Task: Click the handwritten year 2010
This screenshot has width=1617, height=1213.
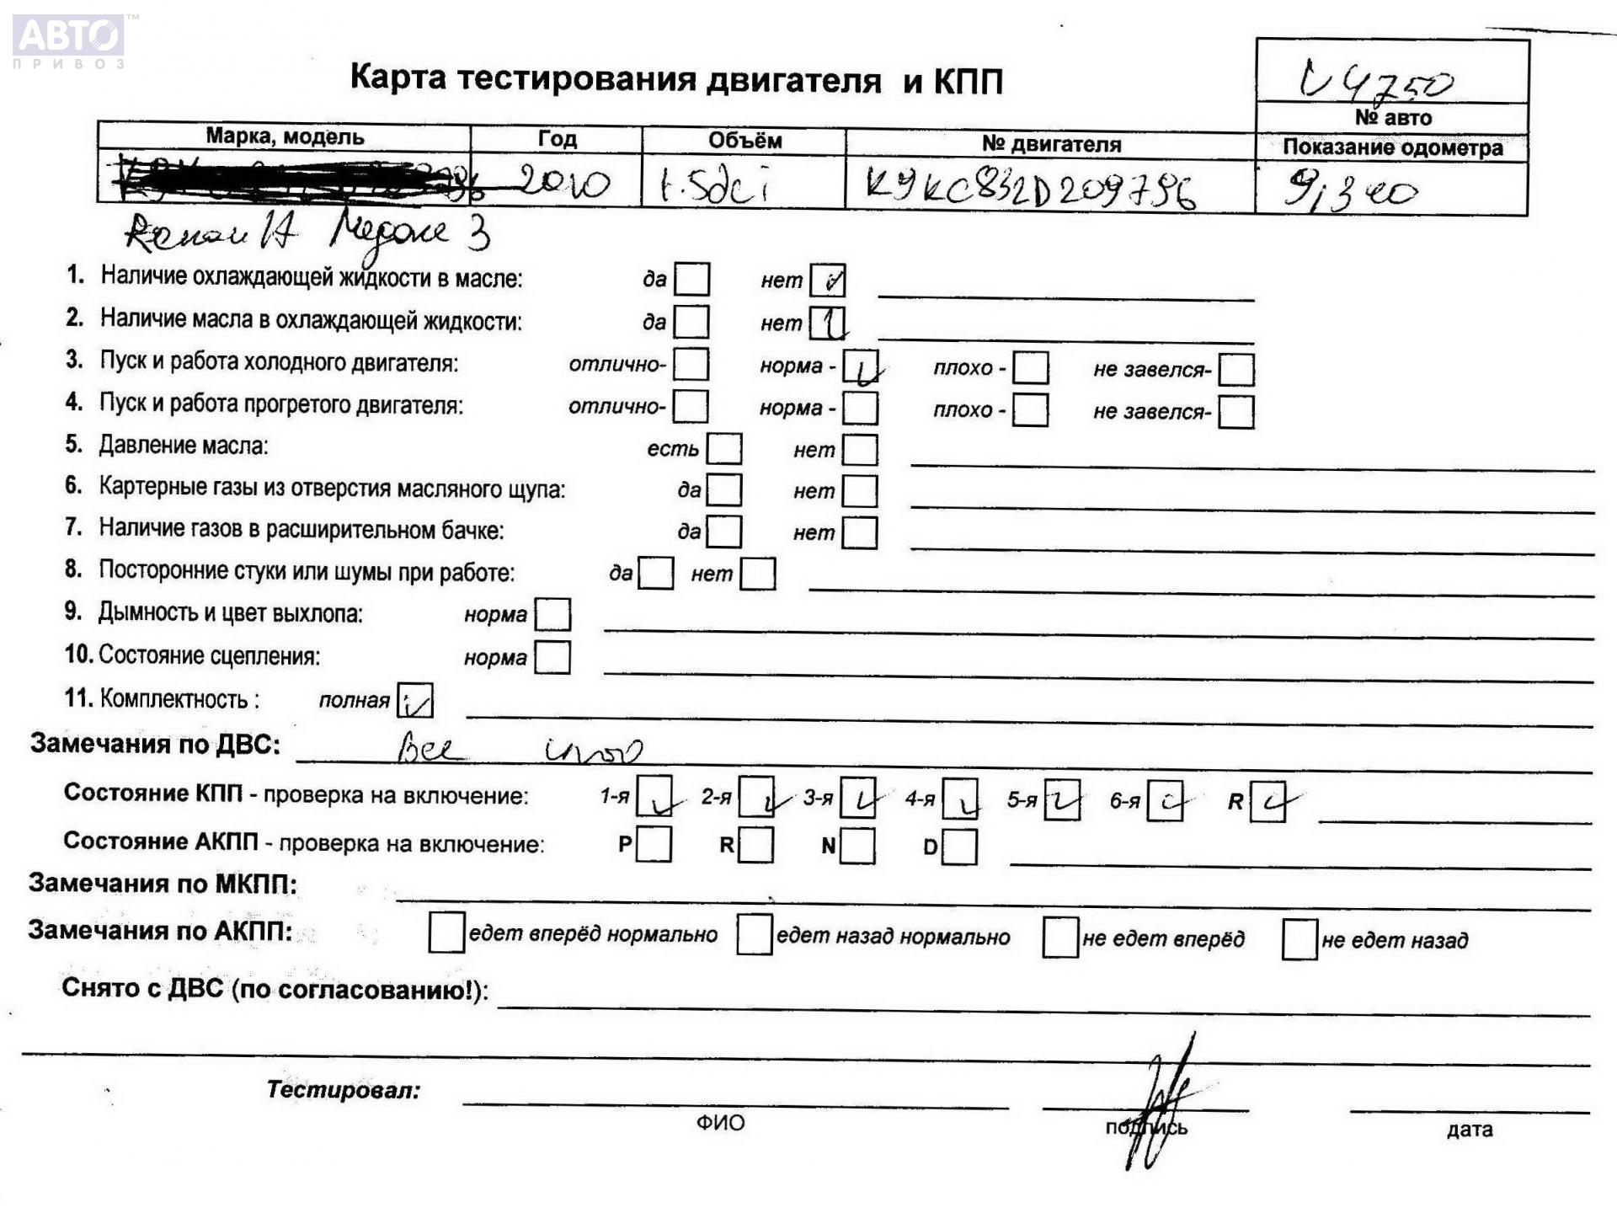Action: click(x=563, y=182)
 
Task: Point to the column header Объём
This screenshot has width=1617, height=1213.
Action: click(x=744, y=141)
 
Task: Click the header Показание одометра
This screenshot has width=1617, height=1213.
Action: click(x=1392, y=147)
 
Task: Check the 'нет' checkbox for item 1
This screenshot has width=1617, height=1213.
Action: click(x=827, y=281)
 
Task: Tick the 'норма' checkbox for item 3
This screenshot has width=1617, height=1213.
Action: click(x=860, y=367)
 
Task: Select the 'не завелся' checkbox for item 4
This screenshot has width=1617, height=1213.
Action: click(x=1235, y=412)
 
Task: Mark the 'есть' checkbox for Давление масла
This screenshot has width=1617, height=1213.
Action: click(x=723, y=449)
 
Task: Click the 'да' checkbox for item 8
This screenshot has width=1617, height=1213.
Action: click(x=655, y=574)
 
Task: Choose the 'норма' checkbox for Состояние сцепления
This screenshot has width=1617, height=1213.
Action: click(x=552, y=657)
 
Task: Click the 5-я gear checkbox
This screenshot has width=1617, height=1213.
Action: click(x=1061, y=799)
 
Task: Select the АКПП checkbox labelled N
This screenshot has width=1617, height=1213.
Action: click(x=857, y=846)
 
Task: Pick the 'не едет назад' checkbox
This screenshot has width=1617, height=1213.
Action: click(x=1299, y=939)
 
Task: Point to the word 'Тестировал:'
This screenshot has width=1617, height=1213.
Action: click(x=343, y=1090)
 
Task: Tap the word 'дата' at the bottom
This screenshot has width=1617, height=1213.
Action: click(x=1470, y=1130)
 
